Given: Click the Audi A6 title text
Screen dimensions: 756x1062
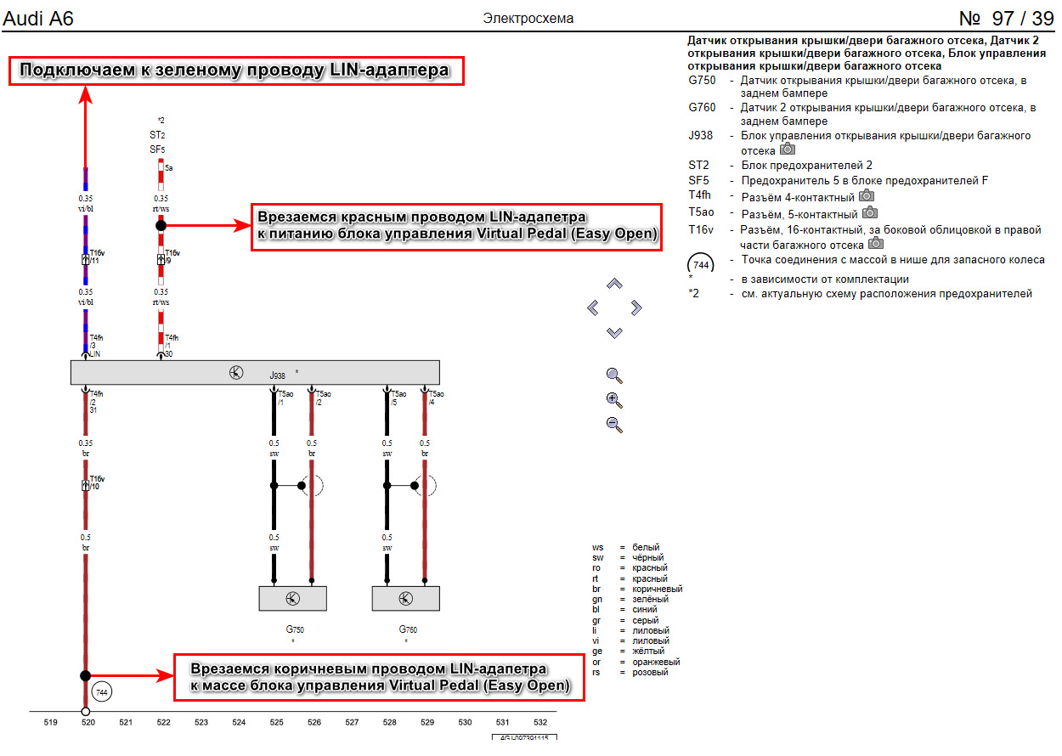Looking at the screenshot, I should (39, 18).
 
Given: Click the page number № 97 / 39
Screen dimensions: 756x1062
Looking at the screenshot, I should (1005, 18).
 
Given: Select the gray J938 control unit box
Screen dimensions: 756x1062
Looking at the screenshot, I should (255, 373).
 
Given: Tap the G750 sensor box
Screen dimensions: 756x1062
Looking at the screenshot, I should (293, 599).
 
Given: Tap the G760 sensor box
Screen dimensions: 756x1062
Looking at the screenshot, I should (406, 599).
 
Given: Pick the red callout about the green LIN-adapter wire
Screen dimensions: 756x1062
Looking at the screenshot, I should (237, 71).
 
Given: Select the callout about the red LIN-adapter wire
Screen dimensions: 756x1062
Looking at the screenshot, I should (458, 227).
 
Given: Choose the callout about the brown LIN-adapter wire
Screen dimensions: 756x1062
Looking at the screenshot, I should (380, 677).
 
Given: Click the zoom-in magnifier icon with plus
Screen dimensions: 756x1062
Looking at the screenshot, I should (615, 400).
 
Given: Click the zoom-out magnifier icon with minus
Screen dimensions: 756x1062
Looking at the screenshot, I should (615, 424).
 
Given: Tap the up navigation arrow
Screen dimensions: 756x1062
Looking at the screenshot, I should (615, 284).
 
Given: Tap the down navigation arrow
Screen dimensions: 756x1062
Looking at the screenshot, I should (615, 332).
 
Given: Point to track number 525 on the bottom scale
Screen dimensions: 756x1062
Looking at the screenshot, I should (276, 723).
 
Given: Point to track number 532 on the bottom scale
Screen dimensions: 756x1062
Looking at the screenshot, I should (540, 723).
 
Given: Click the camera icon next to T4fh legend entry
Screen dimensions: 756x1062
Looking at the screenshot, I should (867, 196).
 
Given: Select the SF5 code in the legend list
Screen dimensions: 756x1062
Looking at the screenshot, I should (698, 180).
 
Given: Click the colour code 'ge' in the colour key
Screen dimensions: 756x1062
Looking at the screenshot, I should (597, 652).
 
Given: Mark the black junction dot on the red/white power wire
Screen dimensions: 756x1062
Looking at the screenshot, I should (161, 226).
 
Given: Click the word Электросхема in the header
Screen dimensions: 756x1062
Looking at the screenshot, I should (528, 18).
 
